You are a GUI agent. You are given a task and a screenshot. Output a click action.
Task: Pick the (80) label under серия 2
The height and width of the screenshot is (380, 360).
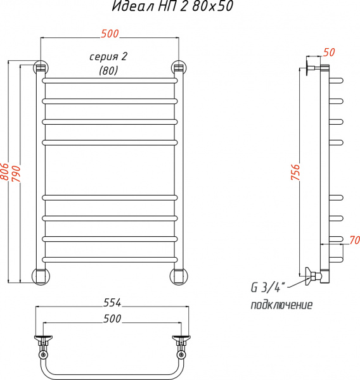[x=108, y=72]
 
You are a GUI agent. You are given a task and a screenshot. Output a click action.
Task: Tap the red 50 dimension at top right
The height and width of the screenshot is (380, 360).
[x=329, y=52]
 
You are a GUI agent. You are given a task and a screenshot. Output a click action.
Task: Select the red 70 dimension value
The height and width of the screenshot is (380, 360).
[x=353, y=239]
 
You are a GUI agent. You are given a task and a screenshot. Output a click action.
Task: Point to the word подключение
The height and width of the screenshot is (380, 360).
[x=281, y=305]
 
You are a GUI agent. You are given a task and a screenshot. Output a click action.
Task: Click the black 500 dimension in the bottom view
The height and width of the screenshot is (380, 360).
[x=112, y=319]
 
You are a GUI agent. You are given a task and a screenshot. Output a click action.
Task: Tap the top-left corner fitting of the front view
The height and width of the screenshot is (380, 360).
[x=41, y=67]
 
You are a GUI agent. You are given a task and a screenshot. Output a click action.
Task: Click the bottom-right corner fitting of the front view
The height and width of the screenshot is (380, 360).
[x=179, y=275]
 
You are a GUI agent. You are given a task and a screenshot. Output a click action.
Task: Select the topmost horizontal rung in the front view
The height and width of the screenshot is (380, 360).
[x=110, y=81]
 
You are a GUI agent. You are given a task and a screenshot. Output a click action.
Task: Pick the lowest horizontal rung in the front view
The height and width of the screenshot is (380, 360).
[x=110, y=258]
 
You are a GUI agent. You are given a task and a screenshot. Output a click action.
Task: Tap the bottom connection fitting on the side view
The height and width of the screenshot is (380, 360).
[x=315, y=275]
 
